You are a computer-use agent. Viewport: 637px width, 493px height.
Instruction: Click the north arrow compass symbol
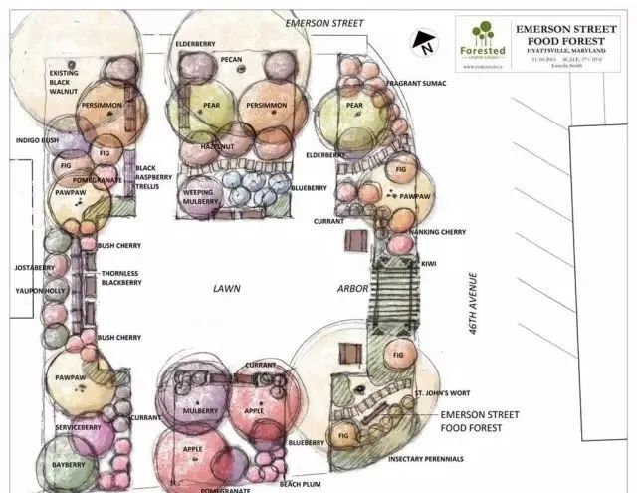click(x=425, y=43)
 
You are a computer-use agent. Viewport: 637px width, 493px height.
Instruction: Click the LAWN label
click(x=227, y=288)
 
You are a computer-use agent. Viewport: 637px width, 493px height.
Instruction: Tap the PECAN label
click(x=231, y=60)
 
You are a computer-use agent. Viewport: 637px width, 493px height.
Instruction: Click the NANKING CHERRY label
click(x=439, y=232)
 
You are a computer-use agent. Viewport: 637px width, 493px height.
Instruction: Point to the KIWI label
click(x=430, y=263)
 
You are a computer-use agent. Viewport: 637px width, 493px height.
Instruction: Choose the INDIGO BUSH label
click(x=35, y=140)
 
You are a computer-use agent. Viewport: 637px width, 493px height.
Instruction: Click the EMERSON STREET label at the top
click(x=324, y=22)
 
